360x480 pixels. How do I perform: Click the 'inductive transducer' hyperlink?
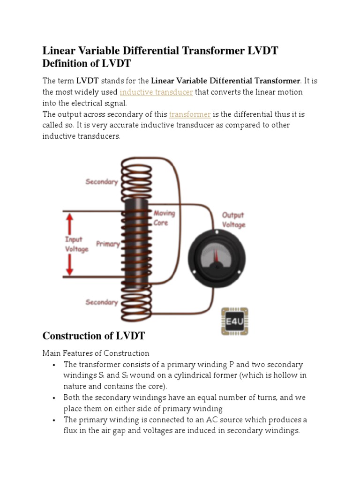point(156,92)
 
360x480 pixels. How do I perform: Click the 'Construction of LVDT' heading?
point(94,336)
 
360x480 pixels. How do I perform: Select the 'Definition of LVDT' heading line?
point(86,63)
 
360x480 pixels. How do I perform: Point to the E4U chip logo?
point(234,322)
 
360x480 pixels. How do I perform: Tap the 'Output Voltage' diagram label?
point(233,220)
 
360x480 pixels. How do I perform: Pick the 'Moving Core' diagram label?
point(165,218)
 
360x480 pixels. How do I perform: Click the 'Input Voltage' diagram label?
point(76,244)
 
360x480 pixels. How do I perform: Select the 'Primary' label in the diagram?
point(108,244)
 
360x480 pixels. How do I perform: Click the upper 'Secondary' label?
point(102,181)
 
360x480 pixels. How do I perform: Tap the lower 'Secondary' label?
point(102,302)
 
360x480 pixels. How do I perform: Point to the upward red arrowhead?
point(70,220)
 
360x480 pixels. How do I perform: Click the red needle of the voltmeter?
point(216,256)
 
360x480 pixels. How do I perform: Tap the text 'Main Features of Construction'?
point(96,353)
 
